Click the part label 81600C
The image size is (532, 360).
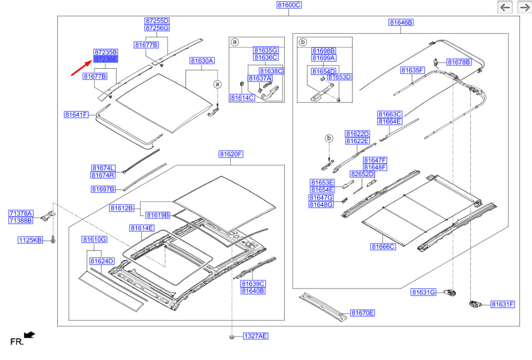tap(289, 5)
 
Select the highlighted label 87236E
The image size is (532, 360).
tap(105, 59)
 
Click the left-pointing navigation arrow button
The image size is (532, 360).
tap(505, 7)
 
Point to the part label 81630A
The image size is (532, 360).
tap(202, 61)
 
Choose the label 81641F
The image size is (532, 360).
tap(76, 115)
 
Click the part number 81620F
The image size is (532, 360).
tap(231, 154)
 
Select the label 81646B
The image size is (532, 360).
tap(401, 22)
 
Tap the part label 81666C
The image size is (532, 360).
tap(383, 247)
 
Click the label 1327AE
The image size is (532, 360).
tap(255, 336)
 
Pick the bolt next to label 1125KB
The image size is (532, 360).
tap(53, 239)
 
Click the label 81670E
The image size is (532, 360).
tap(362, 313)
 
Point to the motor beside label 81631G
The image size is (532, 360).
tap(451, 292)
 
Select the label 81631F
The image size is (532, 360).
tap(503, 304)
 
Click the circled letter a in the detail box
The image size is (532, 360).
tap(235, 42)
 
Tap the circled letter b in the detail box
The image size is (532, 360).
tap(303, 42)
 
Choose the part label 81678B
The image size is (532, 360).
tap(459, 62)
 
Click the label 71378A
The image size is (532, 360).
tap(21, 213)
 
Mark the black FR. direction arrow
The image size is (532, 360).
tap(29, 335)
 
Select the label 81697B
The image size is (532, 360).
tap(103, 189)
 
